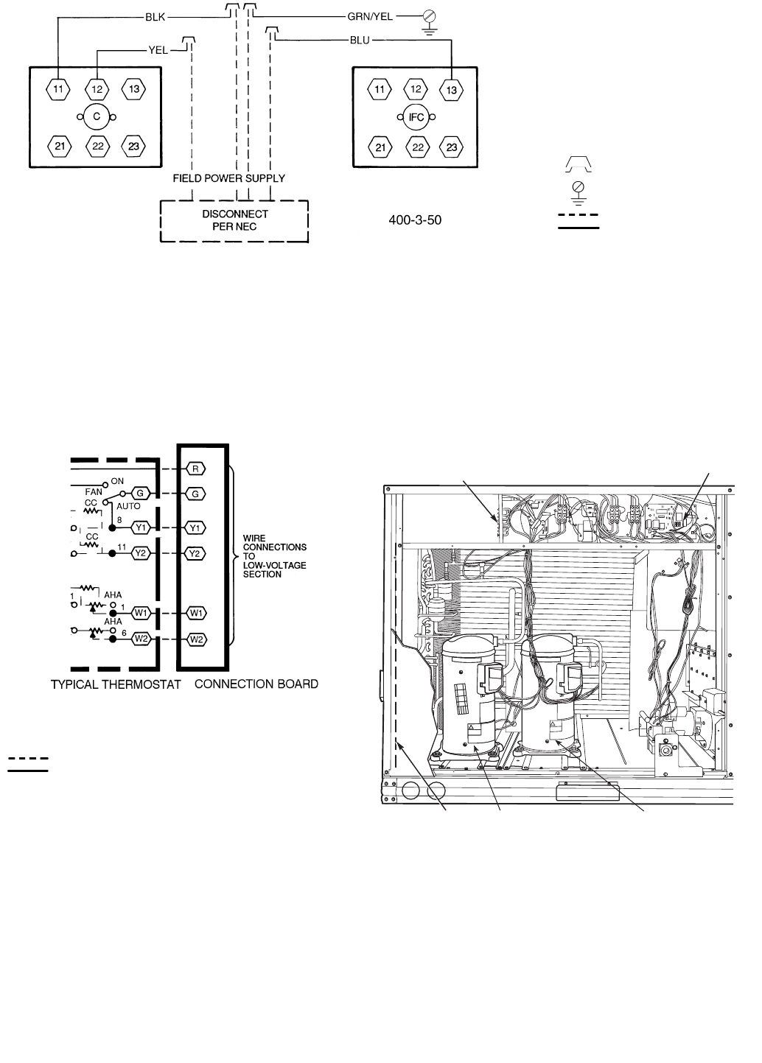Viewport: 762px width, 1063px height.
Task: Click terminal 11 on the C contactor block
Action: point(58,89)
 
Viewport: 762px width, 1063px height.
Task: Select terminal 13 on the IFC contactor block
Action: point(452,90)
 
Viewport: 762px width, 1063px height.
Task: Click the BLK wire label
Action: point(155,15)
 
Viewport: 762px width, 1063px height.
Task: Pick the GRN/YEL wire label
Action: point(370,15)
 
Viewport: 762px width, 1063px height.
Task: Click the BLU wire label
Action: point(360,40)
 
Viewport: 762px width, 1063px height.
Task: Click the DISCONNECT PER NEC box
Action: point(234,220)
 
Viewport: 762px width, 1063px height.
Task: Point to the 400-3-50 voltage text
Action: point(415,220)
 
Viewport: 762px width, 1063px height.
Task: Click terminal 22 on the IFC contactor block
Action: point(416,147)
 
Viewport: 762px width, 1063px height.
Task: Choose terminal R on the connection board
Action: point(196,469)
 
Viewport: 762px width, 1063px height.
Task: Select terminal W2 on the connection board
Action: point(196,639)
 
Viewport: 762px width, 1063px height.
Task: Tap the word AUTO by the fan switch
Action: point(128,507)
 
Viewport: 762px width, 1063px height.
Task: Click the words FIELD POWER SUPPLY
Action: point(228,178)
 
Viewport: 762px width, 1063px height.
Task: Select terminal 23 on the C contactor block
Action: point(133,146)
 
